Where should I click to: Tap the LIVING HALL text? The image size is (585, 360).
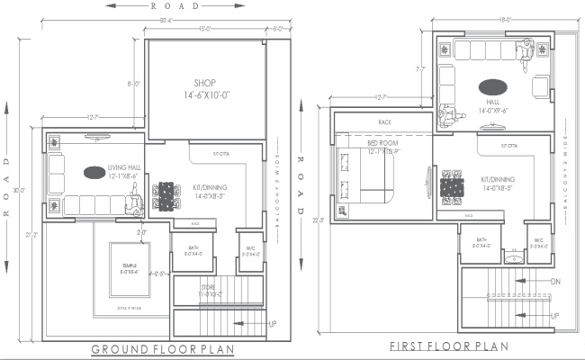click(125, 168)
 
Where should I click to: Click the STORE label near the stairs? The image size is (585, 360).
click(208, 287)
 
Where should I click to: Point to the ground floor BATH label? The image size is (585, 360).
click(193, 248)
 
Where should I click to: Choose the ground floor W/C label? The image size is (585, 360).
click(248, 248)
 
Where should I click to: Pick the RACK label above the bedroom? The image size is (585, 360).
click(384, 121)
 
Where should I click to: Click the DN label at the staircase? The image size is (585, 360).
click(554, 282)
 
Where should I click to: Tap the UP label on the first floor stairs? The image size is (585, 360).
click(554, 316)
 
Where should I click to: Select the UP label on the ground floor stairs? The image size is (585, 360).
click(272, 322)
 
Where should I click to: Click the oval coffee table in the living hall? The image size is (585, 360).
click(94, 172)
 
